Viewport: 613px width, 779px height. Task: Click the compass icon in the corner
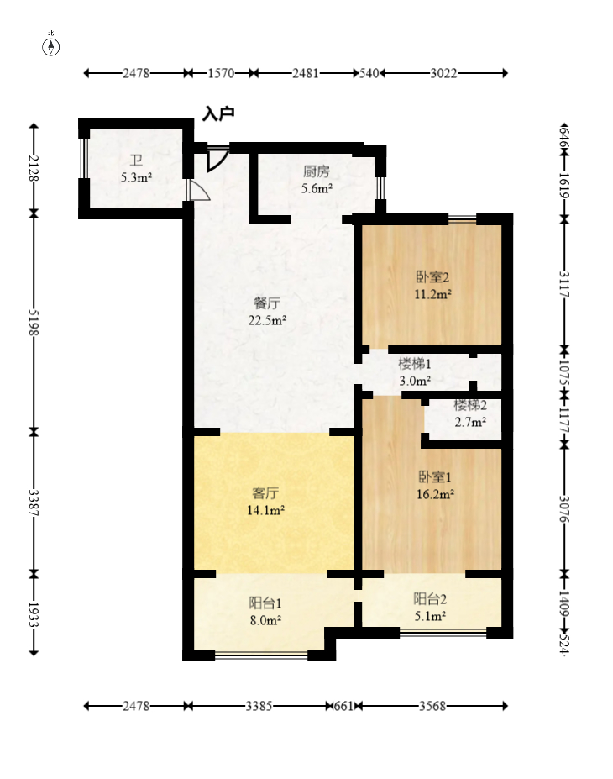pyautogui.click(x=50, y=45)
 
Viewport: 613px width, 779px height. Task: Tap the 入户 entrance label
pyautogui.click(x=217, y=113)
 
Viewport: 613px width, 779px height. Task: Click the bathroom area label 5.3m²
pyautogui.click(x=136, y=177)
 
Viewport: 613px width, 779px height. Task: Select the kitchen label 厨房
pyautogui.click(x=317, y=171)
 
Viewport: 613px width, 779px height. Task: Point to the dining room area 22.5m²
pyautogui.click(x=267, y=320)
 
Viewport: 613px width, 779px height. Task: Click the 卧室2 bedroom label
pyautogui.click(x=432, y=276)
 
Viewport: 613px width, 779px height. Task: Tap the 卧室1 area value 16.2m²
pyautogui.click(x=435, y=494)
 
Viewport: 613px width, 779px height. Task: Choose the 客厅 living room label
pyautogui.click(x=265, y=492)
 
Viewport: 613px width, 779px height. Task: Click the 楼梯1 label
pyautogui.click(x=415, y=364)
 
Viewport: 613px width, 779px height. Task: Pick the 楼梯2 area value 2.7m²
pyautogui.click(x=470, y=423)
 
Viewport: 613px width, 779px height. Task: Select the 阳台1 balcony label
pyautogui.click(x=265, y=603)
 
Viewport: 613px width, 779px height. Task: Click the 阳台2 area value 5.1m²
pyautogui.click(x=430, y=616)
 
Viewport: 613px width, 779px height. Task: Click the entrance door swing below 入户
pyautogui.click(x=217, y=158)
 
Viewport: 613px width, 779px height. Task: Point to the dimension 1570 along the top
pyautogui.click(x=221, y=73)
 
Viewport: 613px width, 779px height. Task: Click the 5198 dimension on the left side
pyautogui.click(x=34, y=323)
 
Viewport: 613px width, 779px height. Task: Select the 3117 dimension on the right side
pyautogui.click(x=564, y=284)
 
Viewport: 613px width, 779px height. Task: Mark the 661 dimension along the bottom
pyautogui.click(x=343, y=706)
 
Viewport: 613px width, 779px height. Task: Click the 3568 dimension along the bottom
pyautogui.click(x=432, y=706)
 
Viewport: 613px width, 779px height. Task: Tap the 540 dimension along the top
pyautogui.click(x=369, y=73)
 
